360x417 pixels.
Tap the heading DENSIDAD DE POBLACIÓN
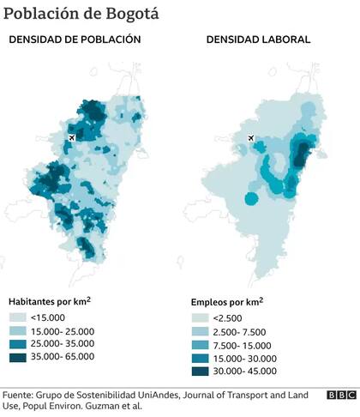pyautogui.click(x=75, y=39)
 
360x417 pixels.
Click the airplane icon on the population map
pyautogui.click(x=72, y=136)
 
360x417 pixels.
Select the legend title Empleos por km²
pyautogui.click(x=226, y=303)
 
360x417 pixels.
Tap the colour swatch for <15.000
pyautogui.click(x=19, y=317)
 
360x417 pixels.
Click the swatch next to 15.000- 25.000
pyautogui.click(x=19, y=330)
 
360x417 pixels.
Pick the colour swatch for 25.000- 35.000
pyautogui.click(x=19, y=343)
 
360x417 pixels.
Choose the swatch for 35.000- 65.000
pyautogui.click(x=19, y=356)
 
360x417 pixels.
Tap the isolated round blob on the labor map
pyautogui.click(x=251, y=199)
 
